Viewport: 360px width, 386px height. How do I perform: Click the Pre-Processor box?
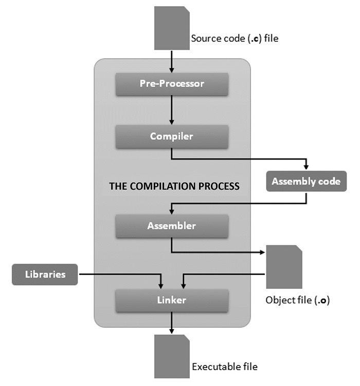(172, 83)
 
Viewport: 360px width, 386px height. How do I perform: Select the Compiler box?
(172, 136)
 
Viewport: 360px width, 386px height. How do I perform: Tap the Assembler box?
(172, 226)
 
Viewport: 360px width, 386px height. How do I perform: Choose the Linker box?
(172, 300)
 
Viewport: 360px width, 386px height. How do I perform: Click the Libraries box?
(45, 274)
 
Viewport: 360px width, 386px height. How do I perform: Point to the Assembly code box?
(306, 181)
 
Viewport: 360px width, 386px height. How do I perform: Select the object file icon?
(283, 267)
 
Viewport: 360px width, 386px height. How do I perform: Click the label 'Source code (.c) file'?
(235, 38)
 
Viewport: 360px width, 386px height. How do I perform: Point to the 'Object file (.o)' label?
(297, 300)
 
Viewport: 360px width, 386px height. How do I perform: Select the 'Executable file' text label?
(225, 366)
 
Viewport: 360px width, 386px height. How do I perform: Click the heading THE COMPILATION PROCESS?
(174, 186)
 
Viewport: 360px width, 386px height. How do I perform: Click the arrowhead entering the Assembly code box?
(306, 167)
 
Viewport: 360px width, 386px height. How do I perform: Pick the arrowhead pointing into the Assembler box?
(172, 211)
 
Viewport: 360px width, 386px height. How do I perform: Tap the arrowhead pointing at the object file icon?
(262, 252)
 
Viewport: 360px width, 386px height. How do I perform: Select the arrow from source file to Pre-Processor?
(172, 60)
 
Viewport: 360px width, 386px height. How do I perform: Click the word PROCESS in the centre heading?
(219, 186)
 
